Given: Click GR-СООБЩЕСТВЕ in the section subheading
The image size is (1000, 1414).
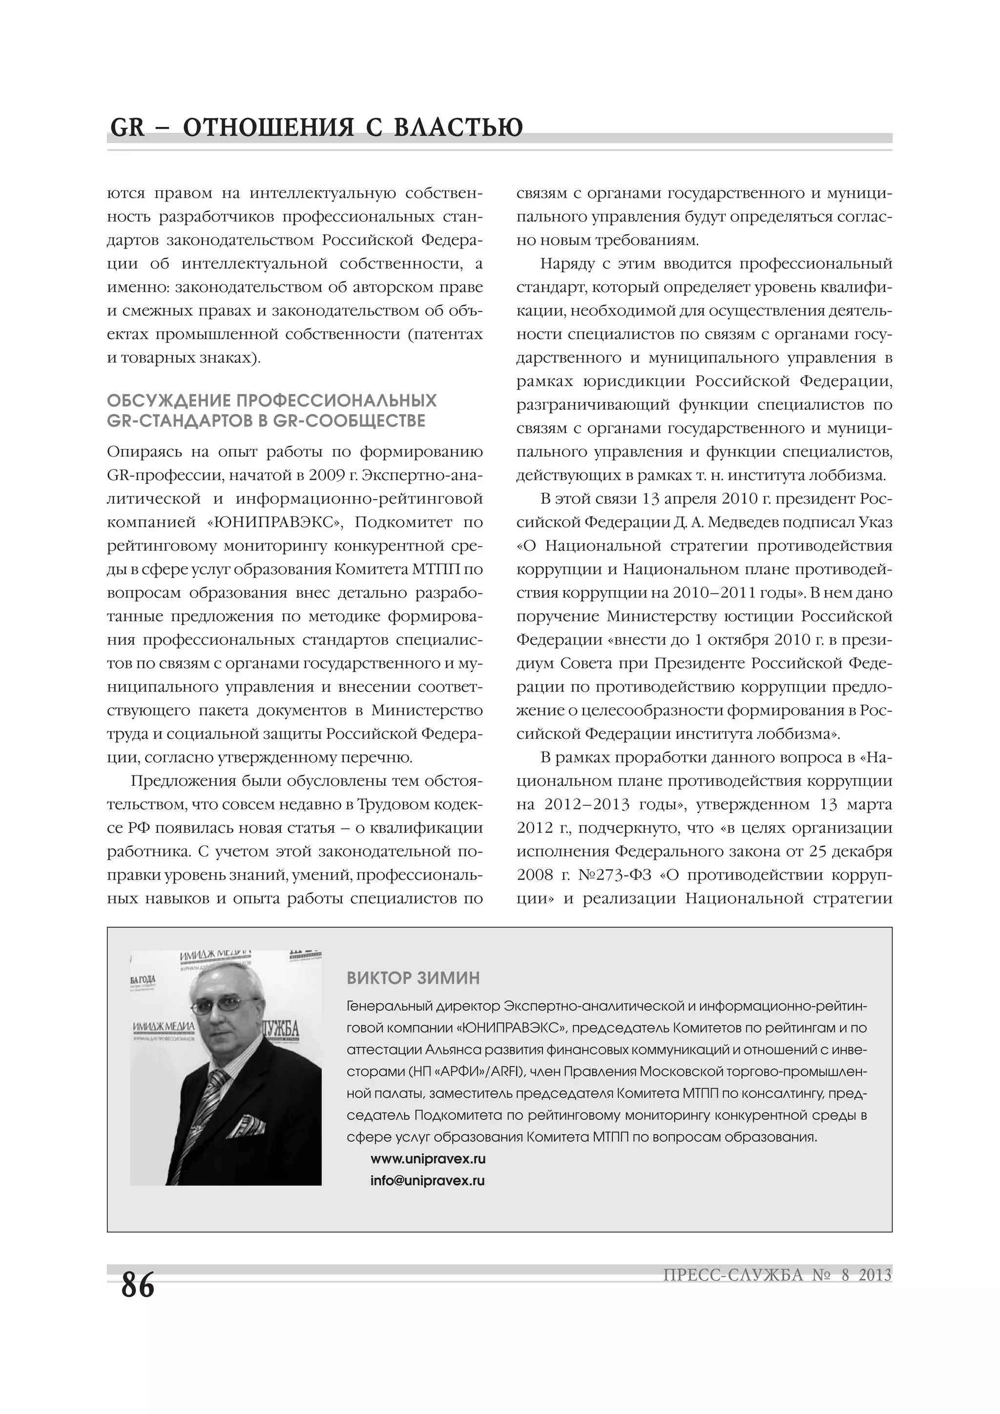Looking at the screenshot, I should [349, 421].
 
